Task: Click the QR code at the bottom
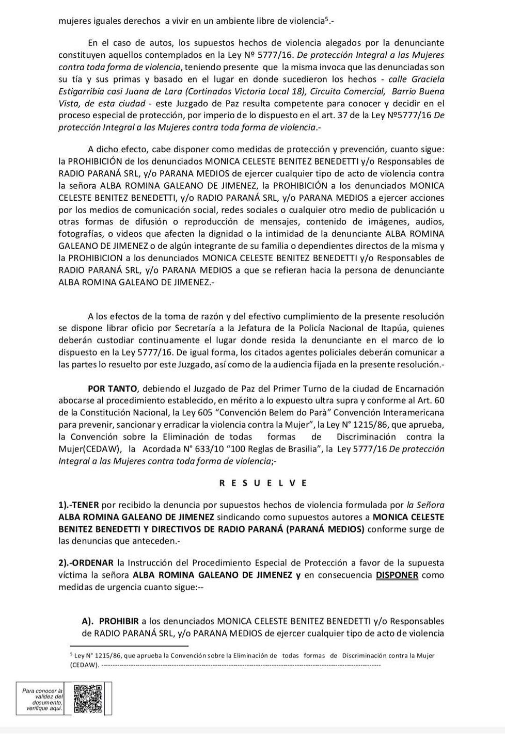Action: click(87, 699)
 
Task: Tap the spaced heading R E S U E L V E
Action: click(263, 483)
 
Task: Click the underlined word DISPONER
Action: click(397, 575)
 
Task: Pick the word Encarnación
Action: click(418, 389)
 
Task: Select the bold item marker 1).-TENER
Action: click(79, 505)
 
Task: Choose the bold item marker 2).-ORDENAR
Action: click(87, 562)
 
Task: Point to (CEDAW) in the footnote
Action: click(84, 665)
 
